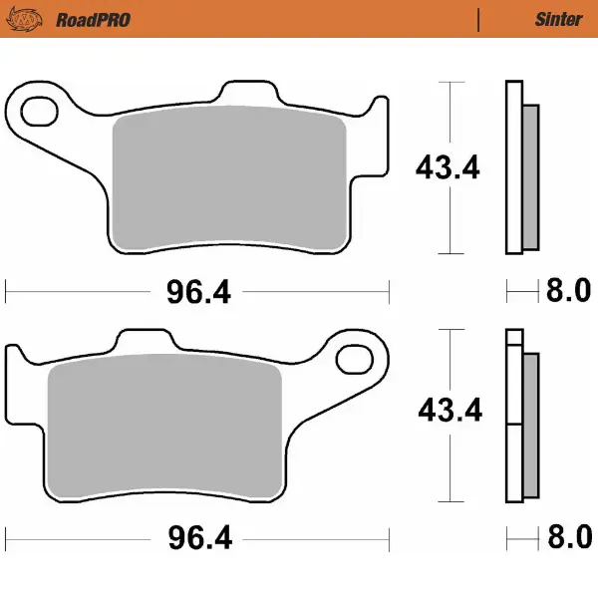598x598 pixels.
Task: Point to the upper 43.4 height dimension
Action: click(x=448, y=167)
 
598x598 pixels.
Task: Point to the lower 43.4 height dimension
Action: click(x=448, y=410)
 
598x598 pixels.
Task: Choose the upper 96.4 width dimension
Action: click(x=196, y=292)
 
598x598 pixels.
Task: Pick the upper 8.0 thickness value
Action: click(x=568, y=292)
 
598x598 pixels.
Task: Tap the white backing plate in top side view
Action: click(x=513, y=169)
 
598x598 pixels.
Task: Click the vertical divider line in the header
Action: click(x=479, y=19)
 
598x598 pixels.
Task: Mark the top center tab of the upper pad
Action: click(x=248, y=93)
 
